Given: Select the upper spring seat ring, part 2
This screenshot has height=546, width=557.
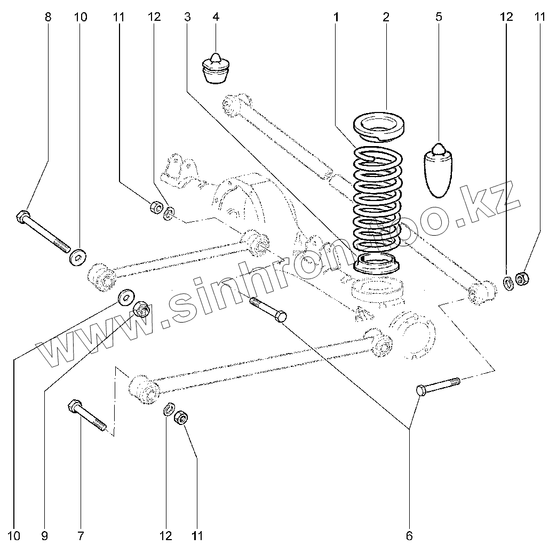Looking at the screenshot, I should click(x=380, y=126).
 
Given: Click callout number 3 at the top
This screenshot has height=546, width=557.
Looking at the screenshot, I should click(x=187, y=17).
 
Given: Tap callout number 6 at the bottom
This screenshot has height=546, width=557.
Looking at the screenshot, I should click(x=409, y=535).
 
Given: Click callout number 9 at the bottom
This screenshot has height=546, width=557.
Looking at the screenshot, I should click(x=44, y=535).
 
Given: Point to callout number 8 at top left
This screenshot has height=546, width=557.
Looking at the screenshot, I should click(x=48, y=17).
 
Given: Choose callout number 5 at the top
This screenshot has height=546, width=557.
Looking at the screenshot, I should click(x=439, y=17).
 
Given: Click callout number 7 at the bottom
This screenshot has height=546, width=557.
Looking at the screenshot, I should click(x=81, y=535).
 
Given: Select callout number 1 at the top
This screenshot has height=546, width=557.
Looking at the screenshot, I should click(x=337, y=17).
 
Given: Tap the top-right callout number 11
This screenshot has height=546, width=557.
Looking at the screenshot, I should click(x=540, y=17).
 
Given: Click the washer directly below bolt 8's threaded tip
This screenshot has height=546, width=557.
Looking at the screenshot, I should click(x=78, y=257).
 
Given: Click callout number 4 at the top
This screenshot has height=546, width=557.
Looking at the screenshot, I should click(x=216, y=17).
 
